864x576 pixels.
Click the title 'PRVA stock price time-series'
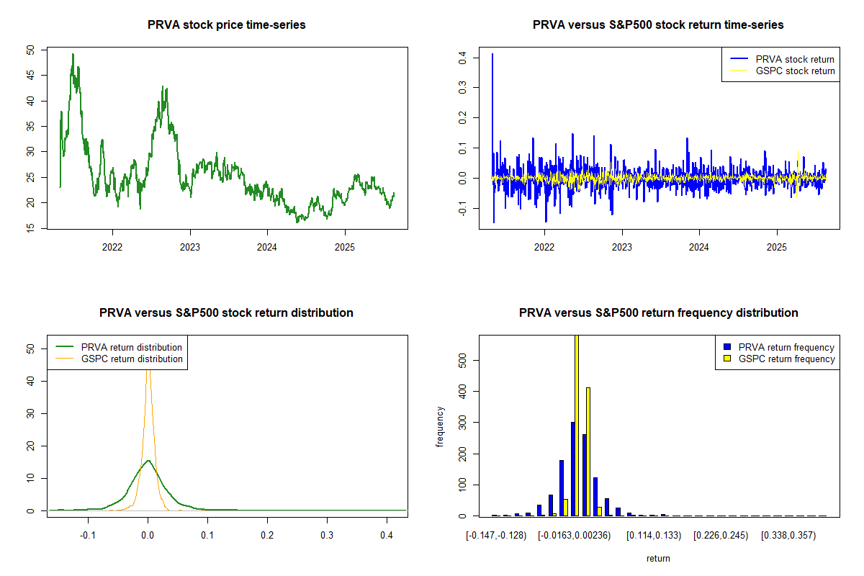click(226, 25)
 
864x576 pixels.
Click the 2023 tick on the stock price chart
click(190, 246)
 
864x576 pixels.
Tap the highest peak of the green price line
click(73, 54)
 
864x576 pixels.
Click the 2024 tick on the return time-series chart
click(699, 246)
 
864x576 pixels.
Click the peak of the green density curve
click(148, 461)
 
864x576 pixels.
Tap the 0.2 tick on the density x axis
click(267, 536)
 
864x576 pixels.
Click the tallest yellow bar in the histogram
click(577, 425)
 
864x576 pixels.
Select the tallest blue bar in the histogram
click(572, 468)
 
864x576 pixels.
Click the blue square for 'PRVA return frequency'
click(726, 347)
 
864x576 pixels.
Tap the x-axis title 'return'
click(658, 558)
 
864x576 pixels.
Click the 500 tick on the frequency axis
click(462, 359)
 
